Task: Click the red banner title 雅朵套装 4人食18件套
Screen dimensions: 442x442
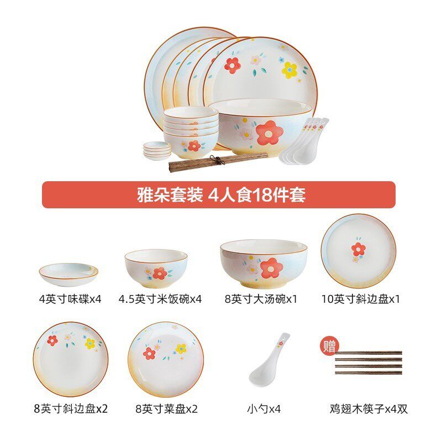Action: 221,195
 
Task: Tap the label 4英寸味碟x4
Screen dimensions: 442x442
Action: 70,299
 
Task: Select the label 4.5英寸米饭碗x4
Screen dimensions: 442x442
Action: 160,299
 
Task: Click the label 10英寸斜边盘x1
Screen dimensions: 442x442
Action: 360,299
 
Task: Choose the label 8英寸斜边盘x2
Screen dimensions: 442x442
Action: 71,409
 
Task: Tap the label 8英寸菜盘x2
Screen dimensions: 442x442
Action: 166,409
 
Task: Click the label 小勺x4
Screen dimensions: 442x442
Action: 264,409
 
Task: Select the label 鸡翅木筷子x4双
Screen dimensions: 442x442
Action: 369,409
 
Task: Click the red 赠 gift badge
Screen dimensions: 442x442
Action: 329,347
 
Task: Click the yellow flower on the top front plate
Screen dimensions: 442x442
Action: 290,70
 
